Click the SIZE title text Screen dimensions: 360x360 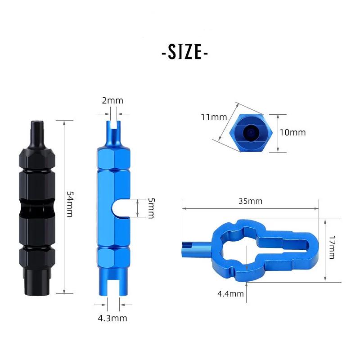(x=184, y=53)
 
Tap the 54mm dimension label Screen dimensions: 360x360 (x=69, y=204)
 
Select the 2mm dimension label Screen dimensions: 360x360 (x=112, y=101)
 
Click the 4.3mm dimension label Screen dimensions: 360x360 (x=112, y=318)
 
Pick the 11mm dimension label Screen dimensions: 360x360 (x=214, y=117)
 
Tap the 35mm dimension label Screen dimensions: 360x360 (x=251, y=201)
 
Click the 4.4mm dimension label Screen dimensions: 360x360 (x=230, y=294)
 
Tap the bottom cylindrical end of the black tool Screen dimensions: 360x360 (x=37, y=281)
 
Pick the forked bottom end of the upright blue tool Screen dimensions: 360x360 (x=108, y=283)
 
